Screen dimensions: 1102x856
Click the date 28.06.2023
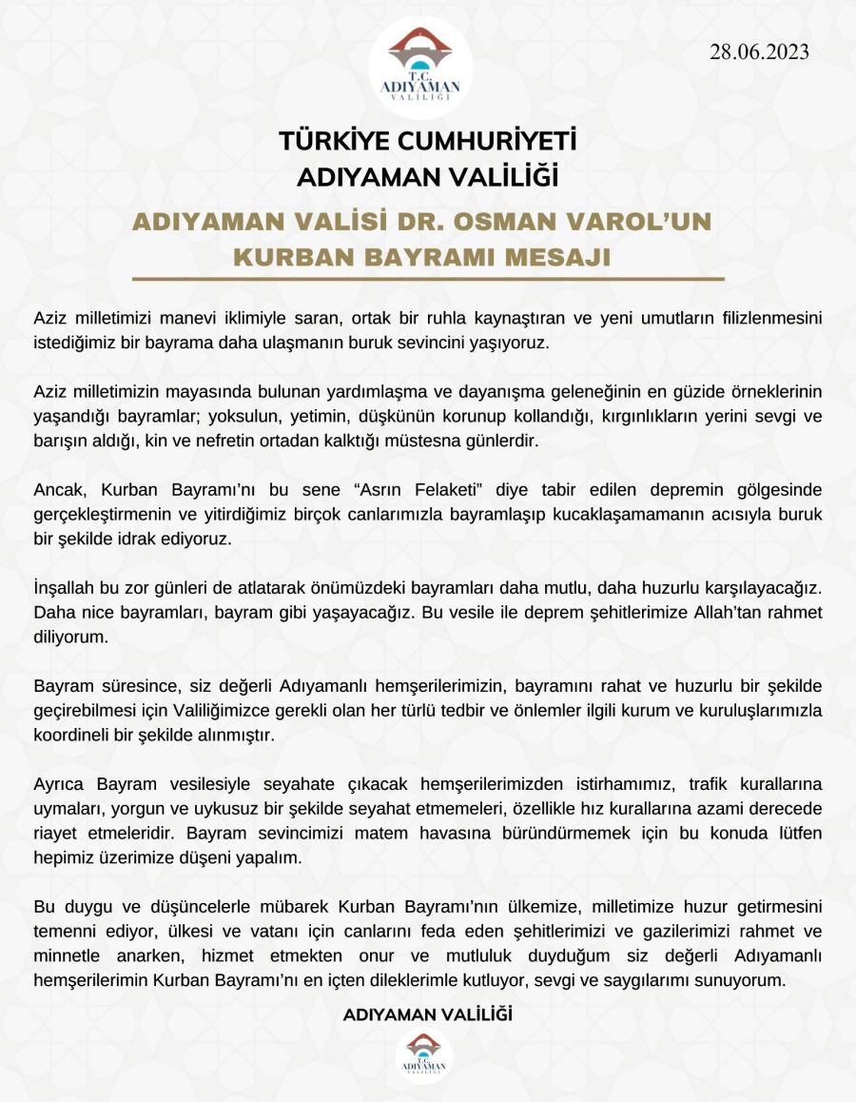click(x=759, y=52)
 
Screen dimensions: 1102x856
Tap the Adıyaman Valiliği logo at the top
click(x=420, y=68)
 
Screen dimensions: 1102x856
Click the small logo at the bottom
click(x=424, y=1056)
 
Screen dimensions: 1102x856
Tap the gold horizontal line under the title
click(x=428, y=280)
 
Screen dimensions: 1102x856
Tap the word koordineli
click(x=73, y=735)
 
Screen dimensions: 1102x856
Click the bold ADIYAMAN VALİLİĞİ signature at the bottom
click(x=427, y=1014)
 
